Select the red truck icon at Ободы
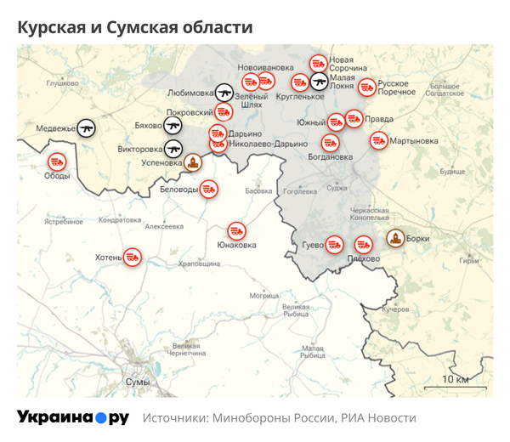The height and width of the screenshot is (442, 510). click(x=57, y=160)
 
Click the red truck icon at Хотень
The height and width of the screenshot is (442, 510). click(x=132, y=255)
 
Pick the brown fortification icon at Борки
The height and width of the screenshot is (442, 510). click(x=395, y=239)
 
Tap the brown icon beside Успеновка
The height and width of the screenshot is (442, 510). click(x=193, y=161)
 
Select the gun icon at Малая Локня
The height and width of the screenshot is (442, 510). click(x=318, y=82)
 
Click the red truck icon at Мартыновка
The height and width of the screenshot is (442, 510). click(x=378, y=140)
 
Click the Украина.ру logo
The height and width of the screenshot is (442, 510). click(x=72, y=417)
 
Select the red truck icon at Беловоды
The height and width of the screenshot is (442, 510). click(x=208, y=190)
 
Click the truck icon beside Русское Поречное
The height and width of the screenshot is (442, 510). click(x=366, y=87)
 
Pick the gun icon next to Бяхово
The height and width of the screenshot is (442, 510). click(x=173, y=126)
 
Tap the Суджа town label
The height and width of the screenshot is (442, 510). click(x=337, y=187)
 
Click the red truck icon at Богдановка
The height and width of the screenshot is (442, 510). click(x=331, y=143)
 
